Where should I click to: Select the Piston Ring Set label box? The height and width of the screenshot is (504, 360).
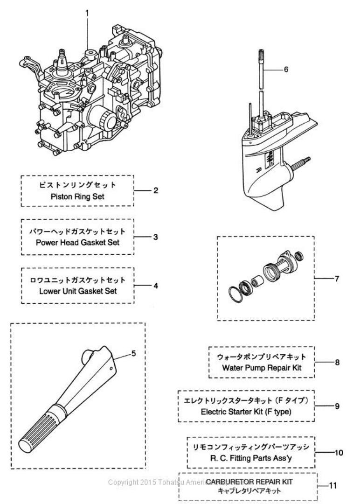[x=77, y=191]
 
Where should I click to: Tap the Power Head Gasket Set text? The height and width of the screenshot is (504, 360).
[x=77, y=237]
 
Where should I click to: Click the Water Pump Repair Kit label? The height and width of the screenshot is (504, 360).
[x=262, y=362]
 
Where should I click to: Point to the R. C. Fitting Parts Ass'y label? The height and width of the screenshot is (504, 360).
[x=251, y=452]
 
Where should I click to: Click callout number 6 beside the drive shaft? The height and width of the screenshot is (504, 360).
[x=286, y=69]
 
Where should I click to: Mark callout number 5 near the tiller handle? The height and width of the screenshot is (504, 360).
[x=133, y=353]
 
